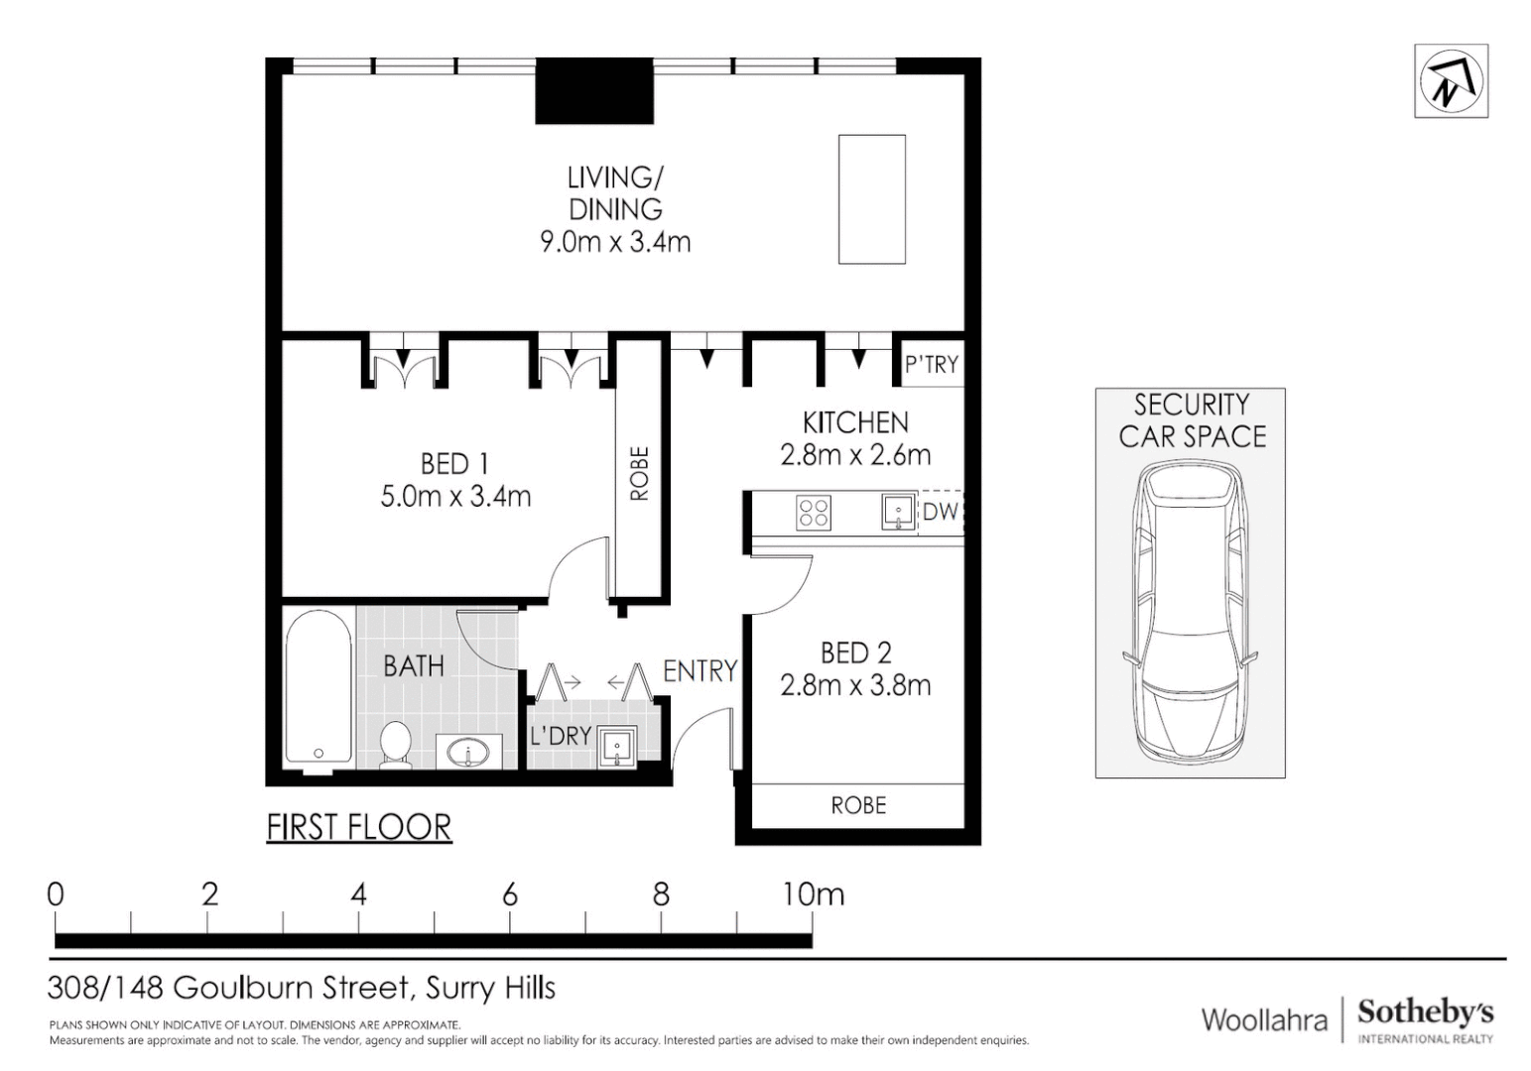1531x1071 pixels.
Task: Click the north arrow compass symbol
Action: pyautogui.click(x=1450, y=81)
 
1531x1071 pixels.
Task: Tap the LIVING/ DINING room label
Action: pyautogui.click(x=615, y=193)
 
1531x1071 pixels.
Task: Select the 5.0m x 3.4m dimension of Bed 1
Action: pyautogui.click(x=455, y=496)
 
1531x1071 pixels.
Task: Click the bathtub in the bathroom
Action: pyautogui.click(x=318, y=688)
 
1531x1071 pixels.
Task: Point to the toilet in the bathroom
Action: pyautogui.click(x=396, y=744)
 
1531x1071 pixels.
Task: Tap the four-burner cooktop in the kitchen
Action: pyautogui.click(x=814, y=513)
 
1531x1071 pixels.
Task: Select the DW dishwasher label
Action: pyautogui.click(x=940, y=512)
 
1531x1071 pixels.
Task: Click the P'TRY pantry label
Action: pyautogui.click(x=931, y=365)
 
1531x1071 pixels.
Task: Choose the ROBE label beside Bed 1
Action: pyautogui.click(x=639, y=473)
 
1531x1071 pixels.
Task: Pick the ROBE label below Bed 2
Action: pyautogui.click(x=858, y=805)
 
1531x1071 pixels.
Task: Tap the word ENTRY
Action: pyautogui.click(x=700, y=671)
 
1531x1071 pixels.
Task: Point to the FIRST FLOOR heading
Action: pyautogui.click(x=359, y=827)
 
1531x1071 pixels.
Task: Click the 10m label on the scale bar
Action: pyautogui.click(x=813, y=894)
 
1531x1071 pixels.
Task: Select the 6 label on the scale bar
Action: pyautogui.click(x=509, y=894)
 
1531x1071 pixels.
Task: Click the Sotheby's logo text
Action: pyautogui.click(x=1425, y=1013)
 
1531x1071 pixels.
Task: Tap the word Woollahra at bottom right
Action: pyautogui.click(x=1263, y=1019)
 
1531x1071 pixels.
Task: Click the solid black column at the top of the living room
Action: pyautogui.click(x=594, y=91)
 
